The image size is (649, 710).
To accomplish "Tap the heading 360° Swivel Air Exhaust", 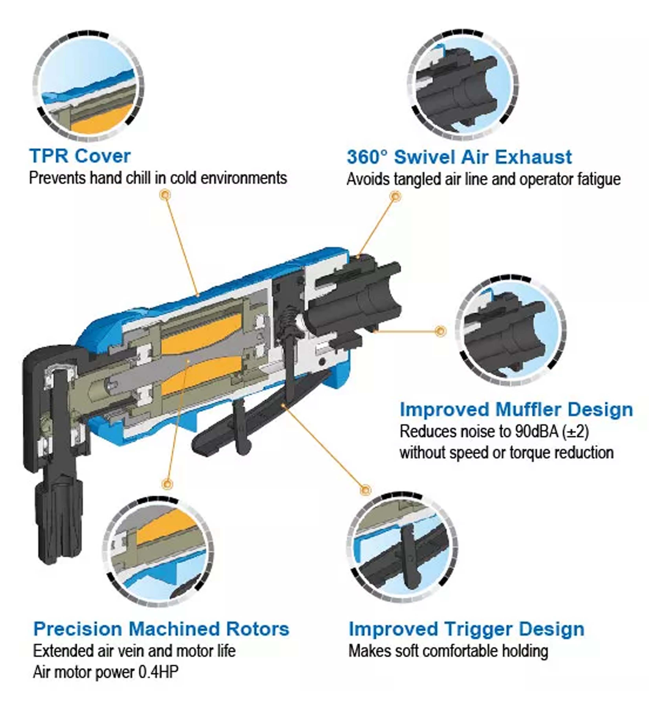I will click(459, 157).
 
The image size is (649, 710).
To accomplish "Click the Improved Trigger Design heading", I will click(466, 629).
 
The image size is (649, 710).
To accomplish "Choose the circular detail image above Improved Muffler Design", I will click(511, 331).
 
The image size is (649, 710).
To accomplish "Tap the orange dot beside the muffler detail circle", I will click(440, 331).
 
